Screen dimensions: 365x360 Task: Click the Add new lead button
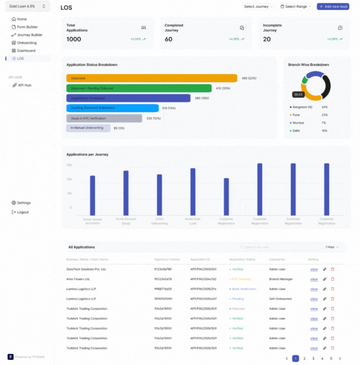pyautogui.click(x=333, y=7)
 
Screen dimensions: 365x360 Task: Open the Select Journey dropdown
pyautogui.click(x=259, y=7)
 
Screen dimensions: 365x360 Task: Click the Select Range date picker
pyautogui.click(x=296, y=7)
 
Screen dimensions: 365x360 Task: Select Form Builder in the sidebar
pyautogui.click(x=27, y=27)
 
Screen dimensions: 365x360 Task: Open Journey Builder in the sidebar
pyautogui.click(x=29, y=35)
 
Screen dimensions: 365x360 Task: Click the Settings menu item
pyautogui.click(x=23, y=203)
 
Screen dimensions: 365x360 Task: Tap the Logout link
pyautogui.click(x=22, y=212)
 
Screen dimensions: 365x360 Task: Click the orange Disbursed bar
pyautogui.click(x=151, y=78)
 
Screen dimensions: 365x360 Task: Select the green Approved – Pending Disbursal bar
pyautogui.click(x=139, y=88)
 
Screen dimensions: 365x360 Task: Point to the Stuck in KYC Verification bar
pyautogui.click(x=104, y=118)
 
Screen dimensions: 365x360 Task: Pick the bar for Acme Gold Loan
pyautogui.click(x=193, y=192)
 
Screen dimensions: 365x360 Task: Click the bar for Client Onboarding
pyautogui.click(x=159, y=194)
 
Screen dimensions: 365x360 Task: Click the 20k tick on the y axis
pyautogui.click(x=69, y=179)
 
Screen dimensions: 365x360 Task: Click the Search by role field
pyautogui.click(x=280, y=247)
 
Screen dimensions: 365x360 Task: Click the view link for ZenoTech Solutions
pyautogui.click(x=314, y=269)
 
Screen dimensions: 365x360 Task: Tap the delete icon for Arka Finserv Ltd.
pyautogui.click(x=333, y=279)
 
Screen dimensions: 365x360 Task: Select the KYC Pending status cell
pyautogui.click(x=241, y=279)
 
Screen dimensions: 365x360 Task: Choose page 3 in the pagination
pyautogui.click(x=313, y=358)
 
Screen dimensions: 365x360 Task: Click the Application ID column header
pyautogui.click(x=200, y=259)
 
